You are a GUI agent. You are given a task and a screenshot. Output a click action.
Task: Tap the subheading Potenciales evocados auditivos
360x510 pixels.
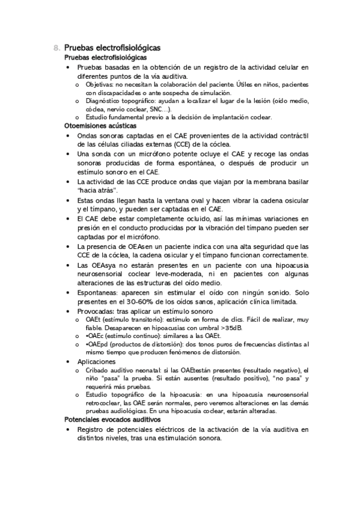tap(111, 419)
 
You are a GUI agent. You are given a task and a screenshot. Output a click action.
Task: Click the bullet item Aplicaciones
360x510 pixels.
tap(96, 362)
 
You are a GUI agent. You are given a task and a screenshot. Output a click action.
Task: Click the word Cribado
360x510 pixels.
tap(98, 370)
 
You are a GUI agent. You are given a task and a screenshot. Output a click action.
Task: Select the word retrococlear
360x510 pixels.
tap(105, 404)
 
